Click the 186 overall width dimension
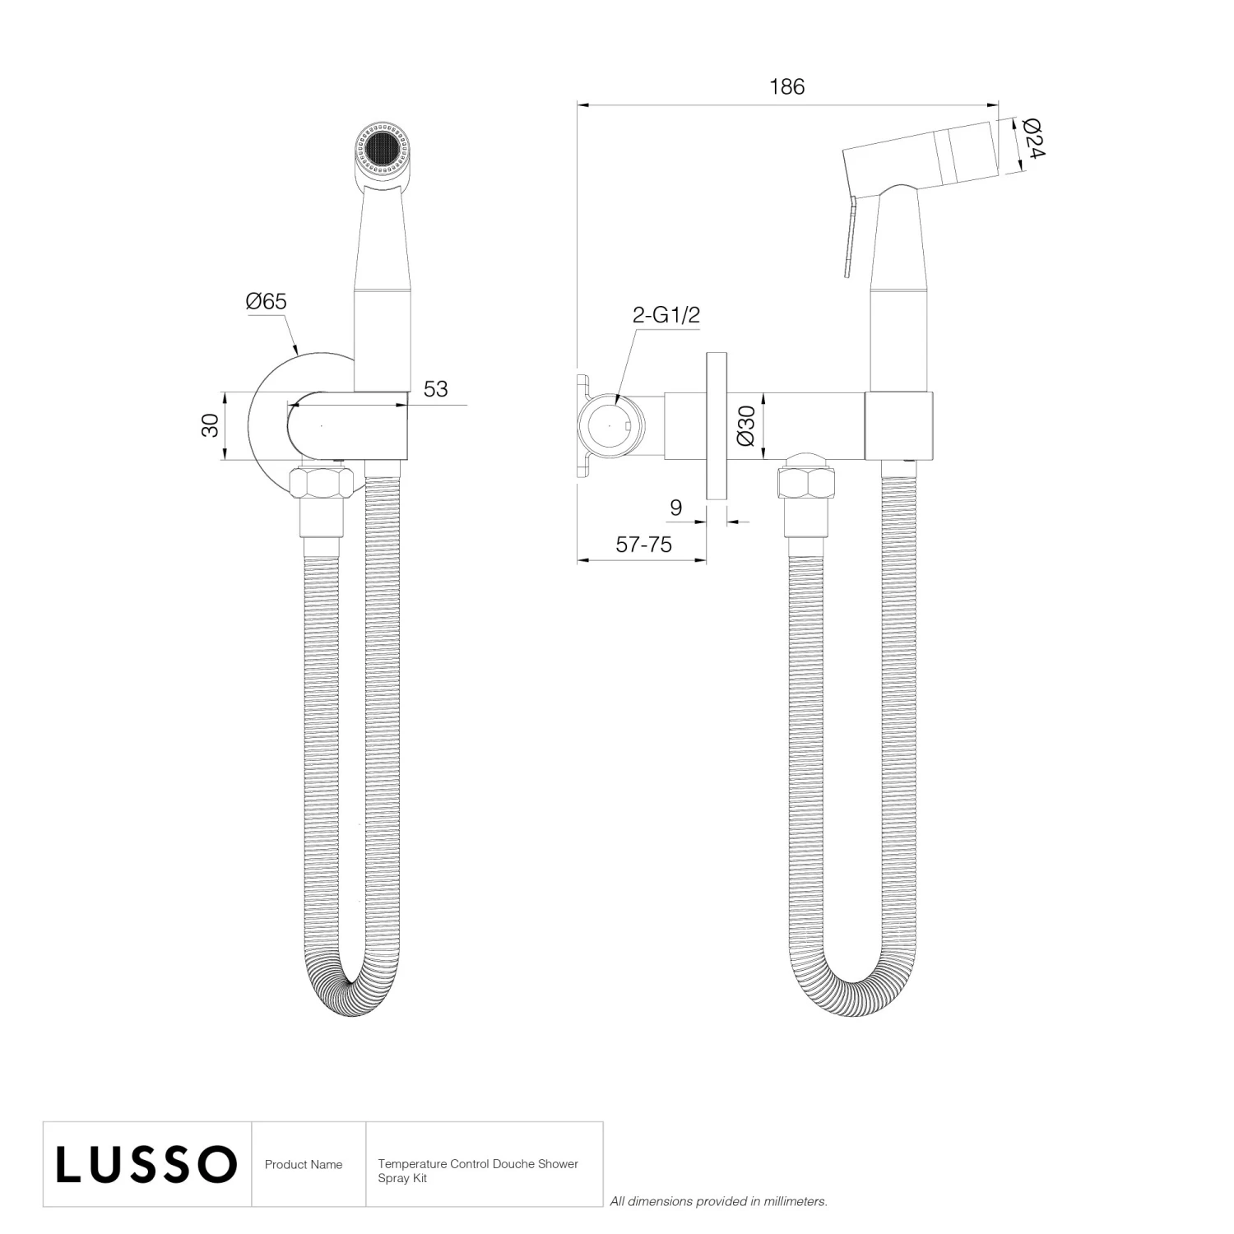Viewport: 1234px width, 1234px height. (786, 87)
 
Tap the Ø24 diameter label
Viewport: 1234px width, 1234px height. (1032, 138)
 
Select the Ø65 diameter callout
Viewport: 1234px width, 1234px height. (266, 302)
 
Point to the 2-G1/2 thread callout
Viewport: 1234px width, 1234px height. (666, 315)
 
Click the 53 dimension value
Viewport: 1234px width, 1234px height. (435, 389)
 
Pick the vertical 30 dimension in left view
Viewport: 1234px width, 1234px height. (211, 425)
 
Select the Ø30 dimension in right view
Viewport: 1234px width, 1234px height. (746, 425)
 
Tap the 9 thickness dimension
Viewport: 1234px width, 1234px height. (675, 508)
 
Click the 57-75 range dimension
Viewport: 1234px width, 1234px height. (643, 545)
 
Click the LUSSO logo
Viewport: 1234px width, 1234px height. (146, 1165)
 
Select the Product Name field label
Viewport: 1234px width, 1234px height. (304, 1165)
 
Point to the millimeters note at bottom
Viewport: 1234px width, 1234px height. (718, 1202)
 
